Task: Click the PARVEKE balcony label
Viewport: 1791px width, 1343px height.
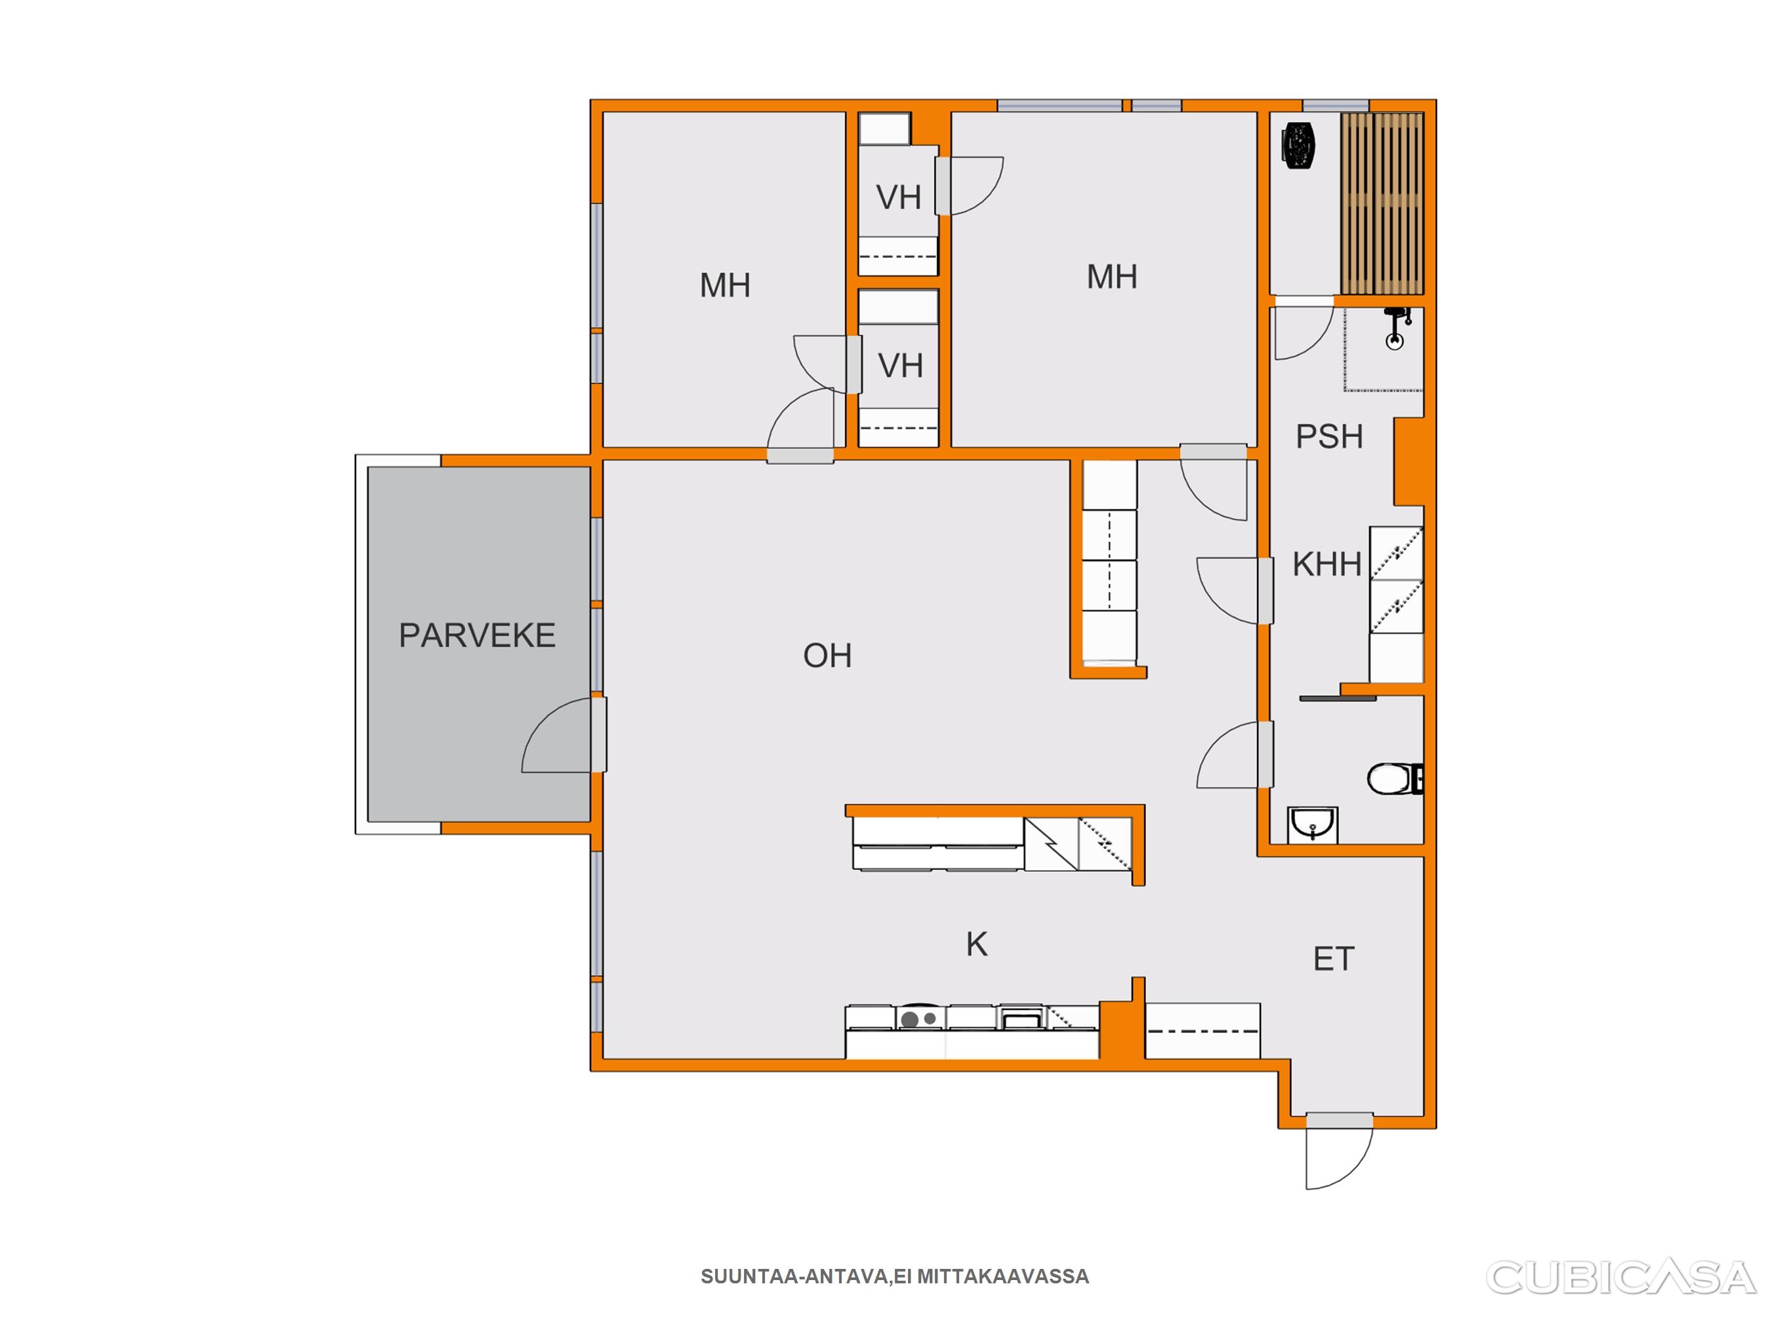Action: click(x=477, y=635)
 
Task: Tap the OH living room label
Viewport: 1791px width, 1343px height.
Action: click(x=827, y=656)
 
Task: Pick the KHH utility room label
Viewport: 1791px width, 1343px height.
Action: click(x=1327, y=564)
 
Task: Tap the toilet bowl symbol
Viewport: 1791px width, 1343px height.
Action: click(x=1394, y=780)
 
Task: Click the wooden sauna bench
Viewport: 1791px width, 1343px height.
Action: click(x=1382, y=203)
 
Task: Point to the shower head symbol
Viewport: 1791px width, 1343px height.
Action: click(x=1394, y=327)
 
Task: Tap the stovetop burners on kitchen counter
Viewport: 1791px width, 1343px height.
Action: click(x=920, y=1018)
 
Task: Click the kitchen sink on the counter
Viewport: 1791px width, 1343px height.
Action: click(x=1023, y=1018)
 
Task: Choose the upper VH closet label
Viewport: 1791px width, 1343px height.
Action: click(x=899, y=197)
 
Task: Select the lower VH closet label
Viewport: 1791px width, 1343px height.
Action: click(x=900, y=366)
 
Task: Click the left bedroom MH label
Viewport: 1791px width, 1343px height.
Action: click(x=726, y=286)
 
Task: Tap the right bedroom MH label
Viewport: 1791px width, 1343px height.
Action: click(x=1113, y=277)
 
